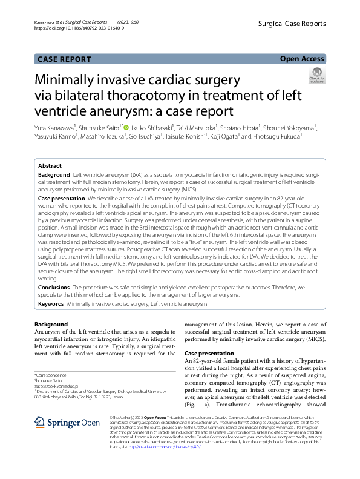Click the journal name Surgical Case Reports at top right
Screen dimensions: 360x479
click(292, 24)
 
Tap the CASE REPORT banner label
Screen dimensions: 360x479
click(64, 59)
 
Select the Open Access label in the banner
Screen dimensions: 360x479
click(302, 59)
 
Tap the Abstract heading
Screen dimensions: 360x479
click(50, 166)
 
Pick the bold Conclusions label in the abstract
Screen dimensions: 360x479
click(54, 287)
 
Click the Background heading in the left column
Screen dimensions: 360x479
click(51, 325)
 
